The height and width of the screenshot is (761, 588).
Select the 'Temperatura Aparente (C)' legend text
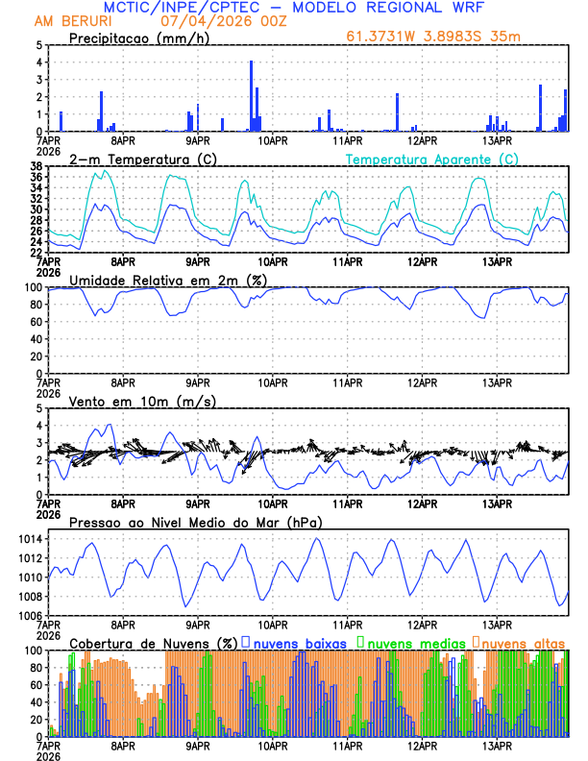click(432, 159)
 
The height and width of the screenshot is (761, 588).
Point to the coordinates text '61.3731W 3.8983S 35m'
click(434, 37)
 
